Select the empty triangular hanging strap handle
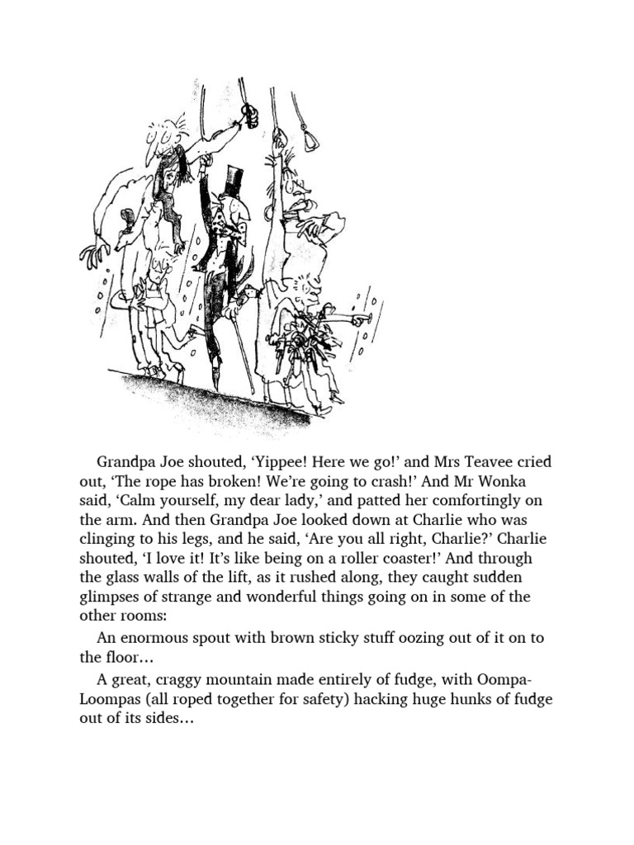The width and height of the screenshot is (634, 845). coord(310,140)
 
